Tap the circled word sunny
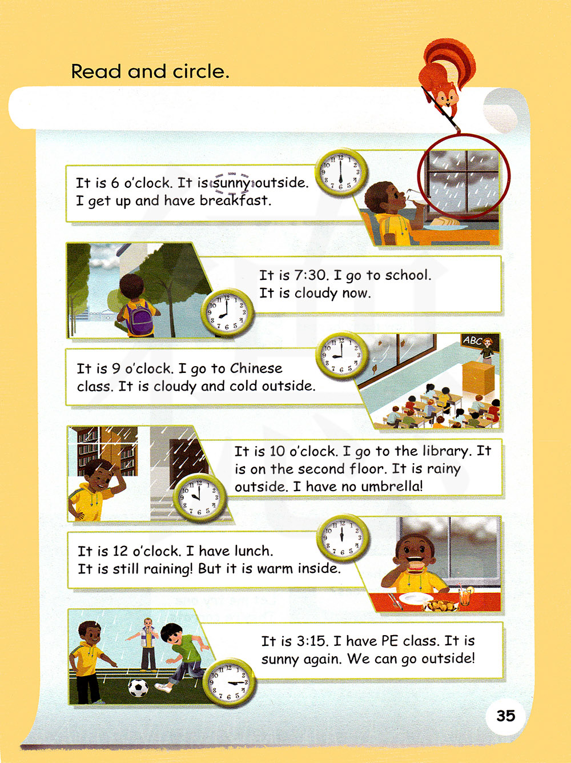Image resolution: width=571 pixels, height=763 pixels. tap(231, 183)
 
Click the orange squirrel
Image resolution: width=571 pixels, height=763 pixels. tap(446, 79)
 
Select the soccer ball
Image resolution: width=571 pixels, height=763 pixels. tap(138, 688)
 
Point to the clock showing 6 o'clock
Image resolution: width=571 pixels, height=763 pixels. tap(341, 172)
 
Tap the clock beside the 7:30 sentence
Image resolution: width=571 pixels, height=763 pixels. tap(227, 312)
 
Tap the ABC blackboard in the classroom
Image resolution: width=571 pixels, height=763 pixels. tap(480, 342)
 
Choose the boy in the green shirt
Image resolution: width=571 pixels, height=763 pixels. tap(180, 653)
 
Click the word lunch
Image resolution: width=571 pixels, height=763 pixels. tap(254, 551)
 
